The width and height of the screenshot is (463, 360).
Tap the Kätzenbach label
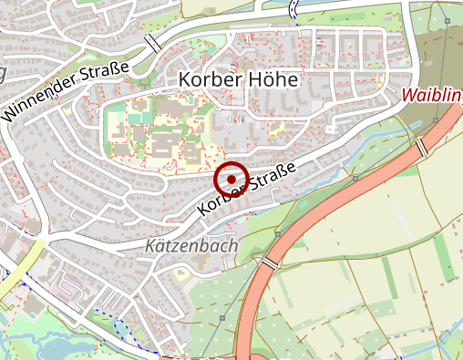click(191, 246)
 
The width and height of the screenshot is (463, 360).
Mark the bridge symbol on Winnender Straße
click(153, 43)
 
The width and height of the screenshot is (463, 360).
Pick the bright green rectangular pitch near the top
click(346, 17)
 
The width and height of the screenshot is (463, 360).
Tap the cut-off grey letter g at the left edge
click(3, 72)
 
